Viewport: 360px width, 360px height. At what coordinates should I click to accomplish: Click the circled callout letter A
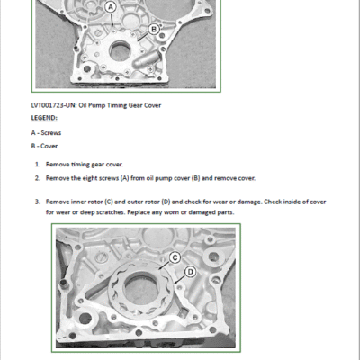(x=111, y=7)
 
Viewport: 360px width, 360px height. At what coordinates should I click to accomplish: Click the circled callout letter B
(x=154, y=29)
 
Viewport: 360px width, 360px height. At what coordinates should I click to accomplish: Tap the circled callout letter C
(x=175, y=257)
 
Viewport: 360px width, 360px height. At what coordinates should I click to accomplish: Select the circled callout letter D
(x=191, y=272)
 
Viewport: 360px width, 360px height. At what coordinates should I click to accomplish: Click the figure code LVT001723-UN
(x=53, y=105)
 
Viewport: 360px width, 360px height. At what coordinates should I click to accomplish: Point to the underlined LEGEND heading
(x=44, y=118)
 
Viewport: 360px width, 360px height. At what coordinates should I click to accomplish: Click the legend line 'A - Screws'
(x=46, y=133)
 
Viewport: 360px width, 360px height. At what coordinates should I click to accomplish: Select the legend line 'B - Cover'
(x=44, y=146)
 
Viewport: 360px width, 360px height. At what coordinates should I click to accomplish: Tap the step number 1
(x=38, y=165)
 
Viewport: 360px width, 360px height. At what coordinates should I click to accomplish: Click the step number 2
(x=38, y=178)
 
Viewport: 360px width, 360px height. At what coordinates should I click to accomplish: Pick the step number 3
(x=38, y=202)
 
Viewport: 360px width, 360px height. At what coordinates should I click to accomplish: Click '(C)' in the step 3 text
(x=109, y=202)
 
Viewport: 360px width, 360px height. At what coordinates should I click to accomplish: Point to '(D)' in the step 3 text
(x=166, y=202)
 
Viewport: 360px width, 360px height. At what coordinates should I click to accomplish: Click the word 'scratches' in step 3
(x=112, y=212)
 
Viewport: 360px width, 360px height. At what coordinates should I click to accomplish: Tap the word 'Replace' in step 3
(x=138, y=212)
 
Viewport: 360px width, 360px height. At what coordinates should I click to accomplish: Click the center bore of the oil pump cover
(x=120, y=51)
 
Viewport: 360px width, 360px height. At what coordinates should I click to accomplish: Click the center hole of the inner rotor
(x=140, y=289)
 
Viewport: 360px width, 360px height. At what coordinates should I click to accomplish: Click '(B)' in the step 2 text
(x=195, y=178)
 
